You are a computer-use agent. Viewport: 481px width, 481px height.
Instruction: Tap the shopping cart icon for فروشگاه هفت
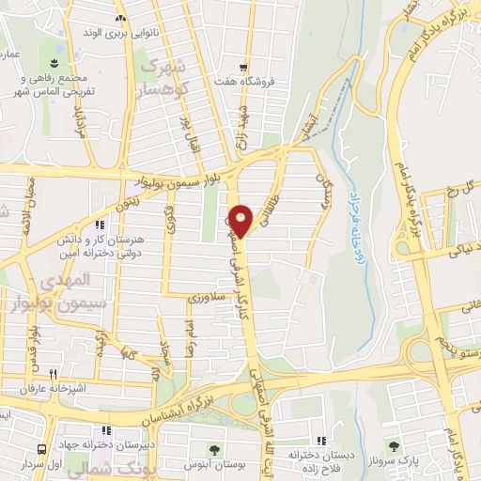(x=243, y=68)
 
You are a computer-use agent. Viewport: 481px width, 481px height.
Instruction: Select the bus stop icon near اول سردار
(x=40, y=449)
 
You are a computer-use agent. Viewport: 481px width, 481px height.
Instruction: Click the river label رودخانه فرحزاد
(x=365, y=255)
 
